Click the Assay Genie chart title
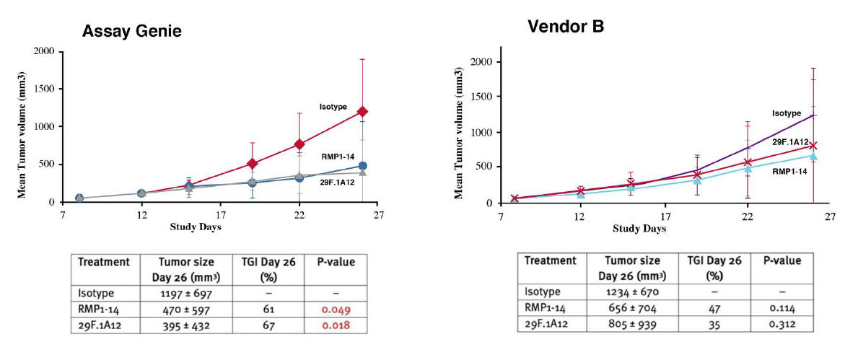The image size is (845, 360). (x=131, y=31)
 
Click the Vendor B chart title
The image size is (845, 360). (x=566, y=27)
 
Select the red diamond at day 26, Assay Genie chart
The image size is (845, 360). (x=362, y=112)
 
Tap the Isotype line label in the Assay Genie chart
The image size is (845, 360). (x=333, y=107)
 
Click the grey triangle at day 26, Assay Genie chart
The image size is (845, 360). (x=362, y=172)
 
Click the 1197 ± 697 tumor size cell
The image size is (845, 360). (x=188, y=294)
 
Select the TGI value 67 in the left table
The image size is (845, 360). (x=263, y=325)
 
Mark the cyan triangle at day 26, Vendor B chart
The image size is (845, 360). (x=813, y=156)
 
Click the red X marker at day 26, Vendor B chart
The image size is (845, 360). (x=813, y=146)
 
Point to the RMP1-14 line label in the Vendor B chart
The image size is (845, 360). (x=789, y=171)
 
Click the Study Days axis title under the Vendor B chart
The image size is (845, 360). (x=639, y=229)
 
